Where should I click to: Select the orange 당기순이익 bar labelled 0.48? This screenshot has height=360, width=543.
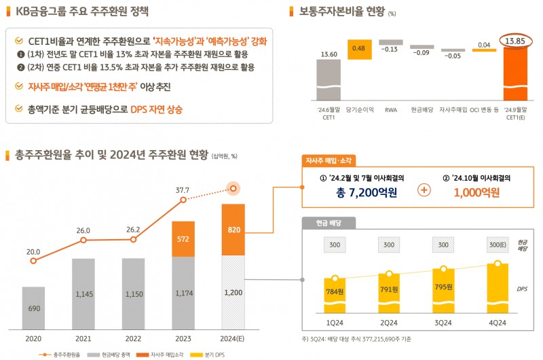point(359,49)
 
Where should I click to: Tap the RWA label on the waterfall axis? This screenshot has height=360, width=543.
point(390,109)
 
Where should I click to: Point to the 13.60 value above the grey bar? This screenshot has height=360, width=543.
point(328,54)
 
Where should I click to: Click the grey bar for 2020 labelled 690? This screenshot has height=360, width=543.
point(33,308)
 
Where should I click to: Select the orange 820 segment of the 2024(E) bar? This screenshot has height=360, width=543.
point(233,230)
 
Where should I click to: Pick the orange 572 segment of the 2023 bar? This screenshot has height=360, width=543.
point(183,239)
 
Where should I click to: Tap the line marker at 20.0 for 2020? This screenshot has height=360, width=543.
point(33,260)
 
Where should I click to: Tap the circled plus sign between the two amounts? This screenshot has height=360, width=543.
point(424,190)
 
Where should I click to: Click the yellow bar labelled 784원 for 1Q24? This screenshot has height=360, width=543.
point(335,293)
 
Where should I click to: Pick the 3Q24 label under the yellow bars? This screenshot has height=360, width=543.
point(443,323)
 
